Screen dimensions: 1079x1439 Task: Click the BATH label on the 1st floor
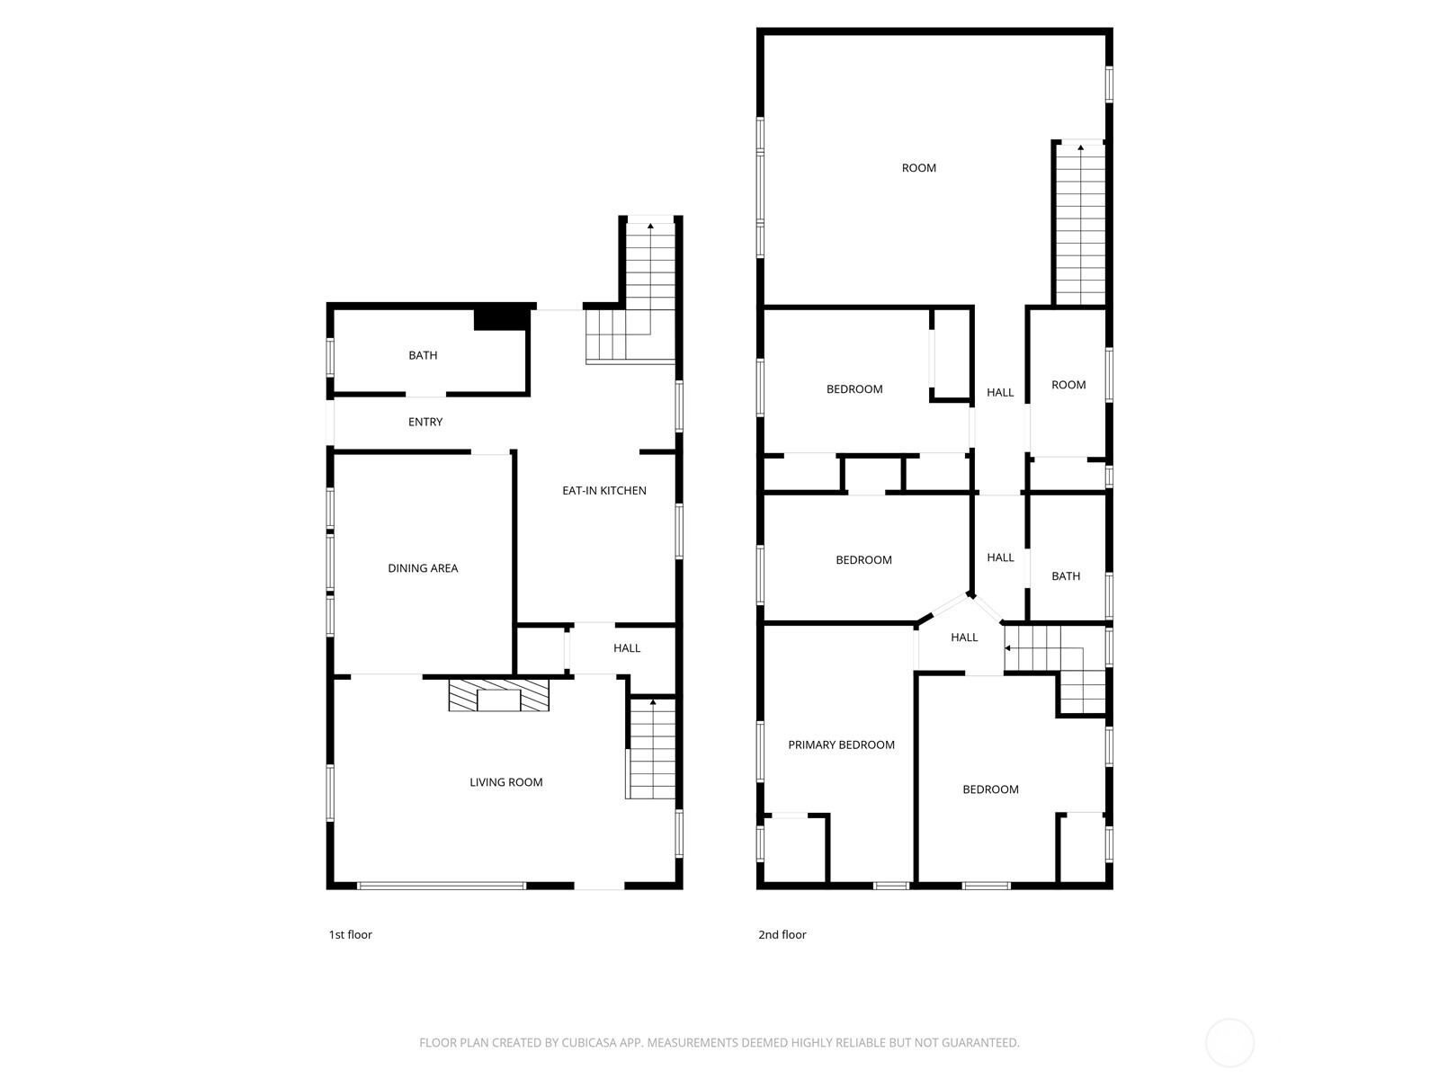[x=423, y=355]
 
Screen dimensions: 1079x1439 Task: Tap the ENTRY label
[x=425, y=422]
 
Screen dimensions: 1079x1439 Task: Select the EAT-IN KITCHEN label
[x=604, y=490]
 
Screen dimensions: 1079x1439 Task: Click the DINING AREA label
[x=423, y=568]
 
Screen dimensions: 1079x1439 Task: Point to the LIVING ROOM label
[x=506, y=782]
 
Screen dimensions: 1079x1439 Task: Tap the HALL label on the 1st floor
[x=627, y=648]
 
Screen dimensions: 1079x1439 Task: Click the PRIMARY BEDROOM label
[x=841, y=745]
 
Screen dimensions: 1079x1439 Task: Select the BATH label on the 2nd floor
[x=1066, y=576]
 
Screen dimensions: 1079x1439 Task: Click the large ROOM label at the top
[x=919, y=168]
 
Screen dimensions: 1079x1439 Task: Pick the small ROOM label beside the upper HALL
[x=1068, y=385]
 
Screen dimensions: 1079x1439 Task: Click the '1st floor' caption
[x=350, y=935]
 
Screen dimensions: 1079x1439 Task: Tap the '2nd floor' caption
[x=782, y=935]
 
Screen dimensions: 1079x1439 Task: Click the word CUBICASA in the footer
[x=588, y=1043]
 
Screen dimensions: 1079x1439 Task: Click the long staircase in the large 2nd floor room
[x=1079, y=225]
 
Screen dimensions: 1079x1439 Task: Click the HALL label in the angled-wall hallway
[x=964, y=638]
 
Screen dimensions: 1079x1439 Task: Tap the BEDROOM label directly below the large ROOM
[x=854, y=389]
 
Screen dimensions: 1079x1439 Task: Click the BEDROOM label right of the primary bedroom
[x=990, y=789]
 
